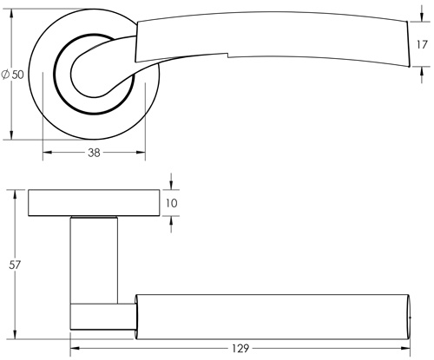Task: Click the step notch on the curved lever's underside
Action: [225, 58]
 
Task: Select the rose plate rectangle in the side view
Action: [93, 202]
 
